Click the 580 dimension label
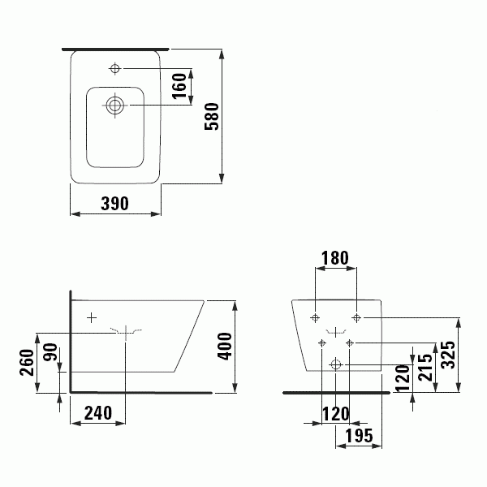point(212,116)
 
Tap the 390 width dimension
point(114,204)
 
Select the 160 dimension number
point(179,86)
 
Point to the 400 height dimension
point(225,347)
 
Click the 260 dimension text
point(27,363)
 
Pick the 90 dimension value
point(50,352)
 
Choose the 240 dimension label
point(98,413)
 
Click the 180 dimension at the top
point(334,258)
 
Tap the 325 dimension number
point(448,355)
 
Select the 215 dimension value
point(425,368)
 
